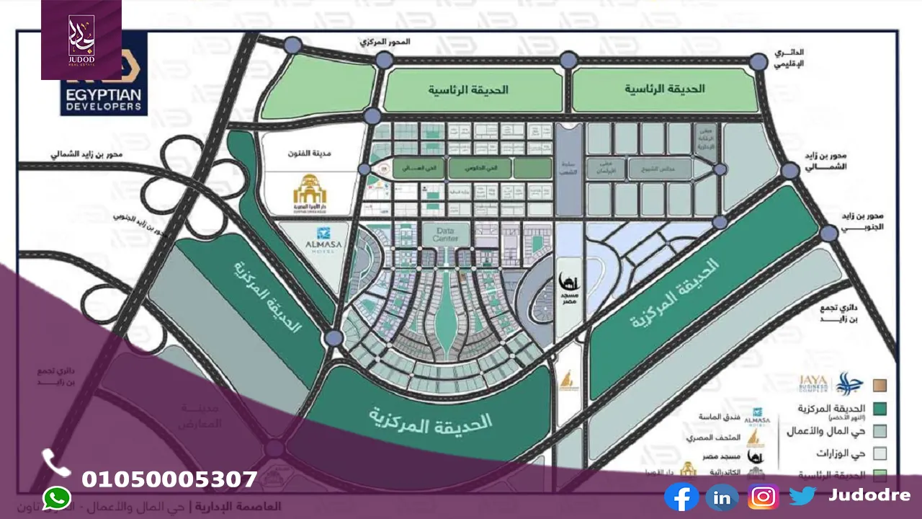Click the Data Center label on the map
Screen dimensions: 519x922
(446, 234)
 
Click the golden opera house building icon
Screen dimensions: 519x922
(310, 190)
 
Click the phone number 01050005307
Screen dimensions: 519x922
(169, 479)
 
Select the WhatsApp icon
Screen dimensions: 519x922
(57, 498)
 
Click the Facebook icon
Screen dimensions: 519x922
(681, 497)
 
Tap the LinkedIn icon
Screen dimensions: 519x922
(722, 497)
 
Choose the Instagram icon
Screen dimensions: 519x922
(763, 497)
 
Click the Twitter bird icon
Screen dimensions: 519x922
(802, 496)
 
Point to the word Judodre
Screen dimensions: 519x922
(869, 495)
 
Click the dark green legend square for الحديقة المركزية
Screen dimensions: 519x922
(880, 409)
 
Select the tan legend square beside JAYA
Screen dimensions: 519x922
(880, 385)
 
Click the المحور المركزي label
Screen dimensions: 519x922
(385, 42)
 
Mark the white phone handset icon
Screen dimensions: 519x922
(56, 462)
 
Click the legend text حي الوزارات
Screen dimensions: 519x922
(841, 453)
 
